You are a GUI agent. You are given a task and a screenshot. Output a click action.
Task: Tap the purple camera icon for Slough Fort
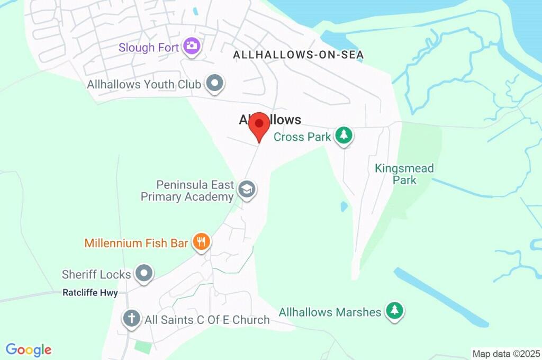191,46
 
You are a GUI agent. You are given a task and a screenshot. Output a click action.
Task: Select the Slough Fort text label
149,48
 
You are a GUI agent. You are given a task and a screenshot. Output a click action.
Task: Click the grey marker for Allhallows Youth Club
214,83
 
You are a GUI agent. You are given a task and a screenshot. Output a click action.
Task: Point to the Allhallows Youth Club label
144,84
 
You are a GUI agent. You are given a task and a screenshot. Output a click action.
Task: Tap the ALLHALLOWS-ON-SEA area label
298,55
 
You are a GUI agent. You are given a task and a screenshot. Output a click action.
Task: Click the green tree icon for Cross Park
344,135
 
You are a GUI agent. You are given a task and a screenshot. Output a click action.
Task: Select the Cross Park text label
302,137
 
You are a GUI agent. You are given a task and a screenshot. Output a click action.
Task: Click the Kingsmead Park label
404,174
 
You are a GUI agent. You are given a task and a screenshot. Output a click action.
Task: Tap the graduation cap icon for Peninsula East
246,188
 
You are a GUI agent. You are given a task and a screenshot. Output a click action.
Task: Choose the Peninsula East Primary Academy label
187,191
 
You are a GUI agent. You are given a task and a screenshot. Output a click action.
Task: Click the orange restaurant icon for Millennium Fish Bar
201,242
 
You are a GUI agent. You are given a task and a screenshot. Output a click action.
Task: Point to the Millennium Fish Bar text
137,244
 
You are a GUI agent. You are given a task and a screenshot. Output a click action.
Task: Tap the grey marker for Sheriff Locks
143,273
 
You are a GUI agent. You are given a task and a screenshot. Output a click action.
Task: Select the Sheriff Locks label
96,274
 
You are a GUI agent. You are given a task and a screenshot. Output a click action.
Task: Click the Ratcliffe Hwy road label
90,293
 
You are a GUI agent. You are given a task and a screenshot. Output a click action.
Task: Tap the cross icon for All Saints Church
131,318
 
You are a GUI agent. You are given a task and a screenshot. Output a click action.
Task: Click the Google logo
29,350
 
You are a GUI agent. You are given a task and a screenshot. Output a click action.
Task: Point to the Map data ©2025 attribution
506,354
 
